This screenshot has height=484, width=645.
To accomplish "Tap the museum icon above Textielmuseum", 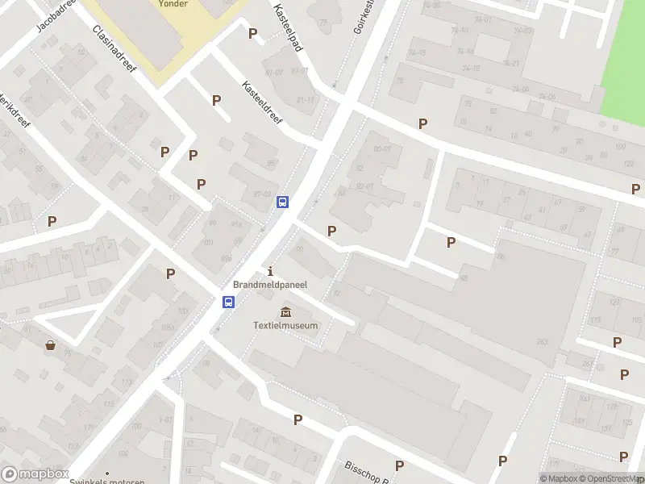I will click(x=285, y=312).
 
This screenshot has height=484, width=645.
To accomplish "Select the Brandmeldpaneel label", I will click(x=270, y=285).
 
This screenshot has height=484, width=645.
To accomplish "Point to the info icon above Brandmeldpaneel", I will click(x=270, y=271).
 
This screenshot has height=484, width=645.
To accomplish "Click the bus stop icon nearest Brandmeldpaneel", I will click(x=229, y=302).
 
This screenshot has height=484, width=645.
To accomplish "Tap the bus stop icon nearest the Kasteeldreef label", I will click(x=283, y=202).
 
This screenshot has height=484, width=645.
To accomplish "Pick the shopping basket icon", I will click(x=51, y=345).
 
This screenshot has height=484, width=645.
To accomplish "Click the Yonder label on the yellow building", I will click(x=173, y=4).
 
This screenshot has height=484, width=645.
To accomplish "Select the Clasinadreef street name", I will click(x=116, y=46).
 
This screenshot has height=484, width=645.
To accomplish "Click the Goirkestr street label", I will click(x=364, y=15).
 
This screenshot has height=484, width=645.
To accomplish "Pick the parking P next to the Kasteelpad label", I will click(x=253, y=33).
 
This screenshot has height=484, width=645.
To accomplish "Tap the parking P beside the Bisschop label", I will click(x=399, y=465).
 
